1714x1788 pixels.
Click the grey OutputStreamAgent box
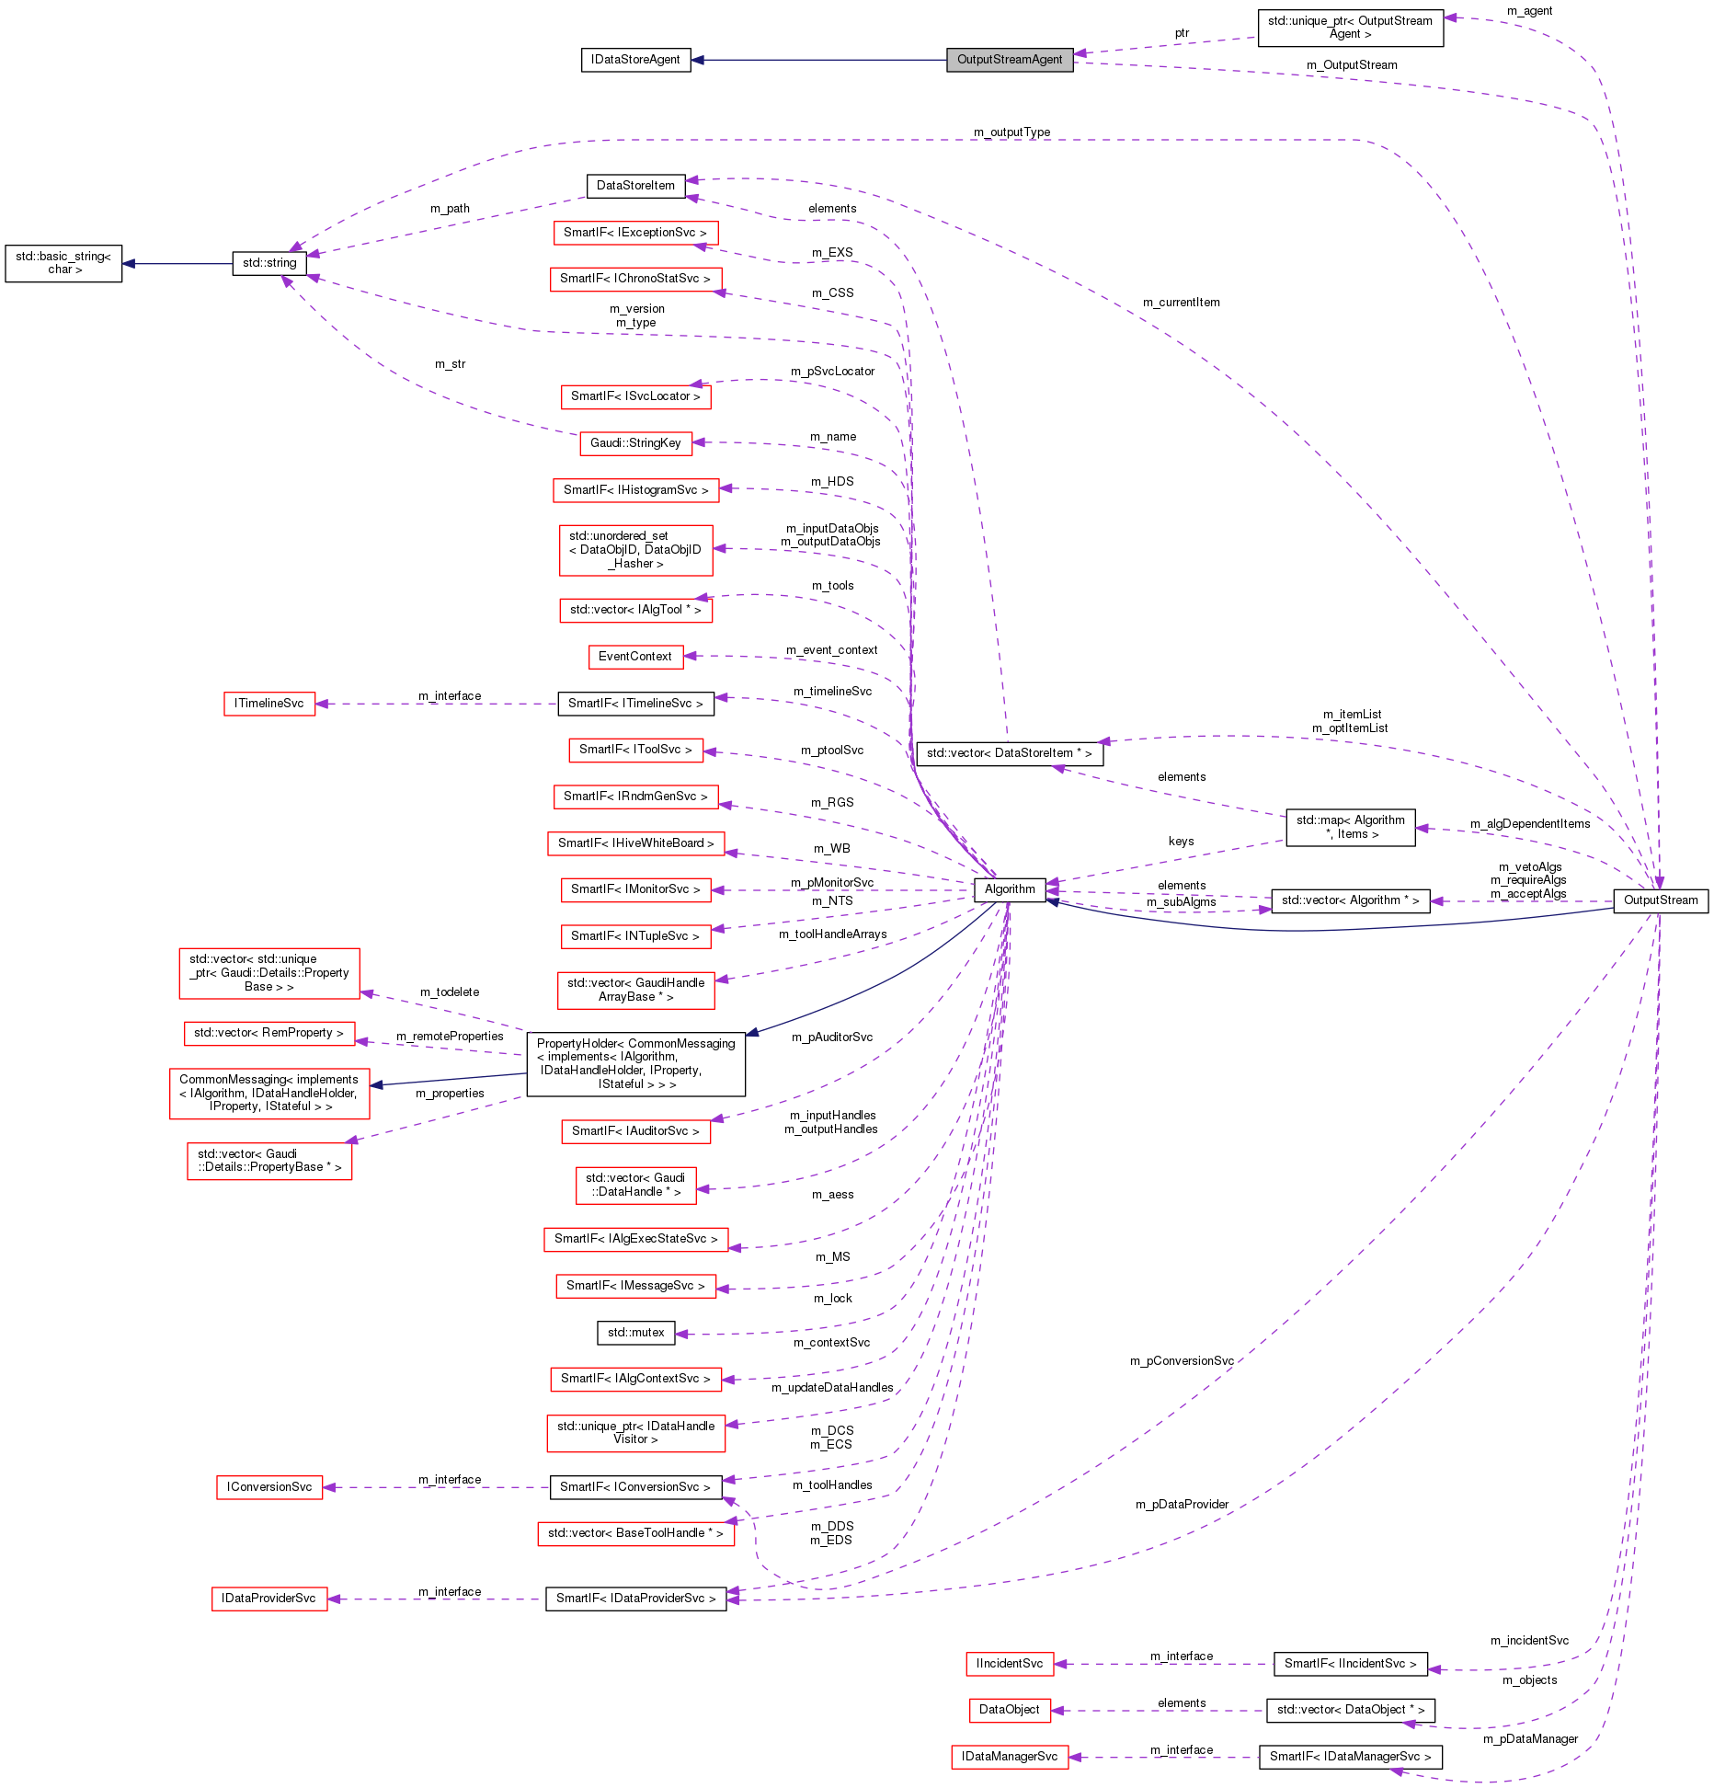[x=1010, y=60]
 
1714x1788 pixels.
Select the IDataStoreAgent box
[x=635, y=60]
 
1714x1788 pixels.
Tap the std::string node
[x=269, y=263]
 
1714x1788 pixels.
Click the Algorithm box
[x=1010, y=889]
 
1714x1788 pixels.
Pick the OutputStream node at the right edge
[x=1660, y=900]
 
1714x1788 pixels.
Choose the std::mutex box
[x=635, y=1332]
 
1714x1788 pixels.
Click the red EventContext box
[x=634, y=657]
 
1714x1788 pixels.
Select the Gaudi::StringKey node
[x=635, y=443]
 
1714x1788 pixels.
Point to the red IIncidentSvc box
[x=1009, y=1664]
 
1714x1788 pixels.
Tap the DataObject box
[x=1009, y=1710]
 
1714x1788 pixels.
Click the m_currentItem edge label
[x=1181, y=303]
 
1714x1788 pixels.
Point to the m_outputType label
[x=1011, y=132]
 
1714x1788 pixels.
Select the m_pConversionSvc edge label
[x=1182, y=1361]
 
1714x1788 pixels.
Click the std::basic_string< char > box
[x=63, y=263]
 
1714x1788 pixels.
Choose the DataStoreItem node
[x=635, y=186]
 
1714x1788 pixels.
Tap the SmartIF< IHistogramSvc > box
[x=635, y=490]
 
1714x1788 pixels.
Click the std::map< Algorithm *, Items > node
[x=1350, y=828]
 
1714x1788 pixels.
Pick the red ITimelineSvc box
[x=269, y=704]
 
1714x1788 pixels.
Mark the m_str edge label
[x=450, y=364]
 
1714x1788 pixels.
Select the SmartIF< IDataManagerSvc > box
[x=1350, y=1757]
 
